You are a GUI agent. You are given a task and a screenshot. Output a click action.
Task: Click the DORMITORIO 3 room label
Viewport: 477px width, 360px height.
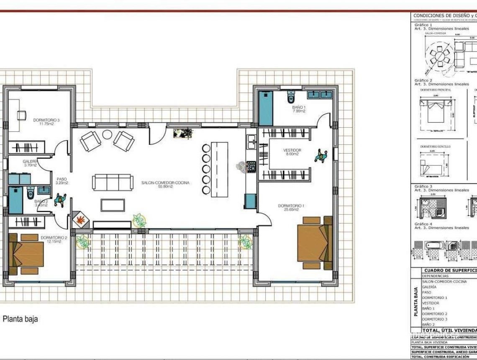click(46, 122)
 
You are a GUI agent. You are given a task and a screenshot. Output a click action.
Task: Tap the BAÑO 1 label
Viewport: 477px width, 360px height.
click(299, 109)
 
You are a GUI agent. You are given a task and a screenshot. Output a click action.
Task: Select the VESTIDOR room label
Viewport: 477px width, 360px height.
click(292, 152)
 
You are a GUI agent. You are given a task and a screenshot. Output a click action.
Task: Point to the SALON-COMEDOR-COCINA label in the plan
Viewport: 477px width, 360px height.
click(165, 185)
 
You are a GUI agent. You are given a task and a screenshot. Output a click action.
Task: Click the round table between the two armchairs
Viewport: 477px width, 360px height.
click(108, 135)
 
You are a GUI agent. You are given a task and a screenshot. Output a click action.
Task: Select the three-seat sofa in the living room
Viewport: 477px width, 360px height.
click(110, 183)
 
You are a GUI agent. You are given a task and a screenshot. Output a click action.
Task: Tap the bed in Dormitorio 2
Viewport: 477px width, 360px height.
click(26, 254)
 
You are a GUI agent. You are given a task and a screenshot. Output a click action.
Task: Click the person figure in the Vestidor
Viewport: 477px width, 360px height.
click(321, 156)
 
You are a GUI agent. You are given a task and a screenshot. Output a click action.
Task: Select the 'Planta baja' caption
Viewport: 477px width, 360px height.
click(20, 319)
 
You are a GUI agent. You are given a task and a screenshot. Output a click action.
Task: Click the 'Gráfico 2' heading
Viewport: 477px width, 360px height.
click(423, 80)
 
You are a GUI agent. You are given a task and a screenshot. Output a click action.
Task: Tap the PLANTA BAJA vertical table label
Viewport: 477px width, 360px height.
click(416, 301)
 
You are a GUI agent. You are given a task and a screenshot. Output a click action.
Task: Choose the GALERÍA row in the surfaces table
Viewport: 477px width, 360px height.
click(429, 287)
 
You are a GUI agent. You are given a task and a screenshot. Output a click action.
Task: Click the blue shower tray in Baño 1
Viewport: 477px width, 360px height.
click(266, 108)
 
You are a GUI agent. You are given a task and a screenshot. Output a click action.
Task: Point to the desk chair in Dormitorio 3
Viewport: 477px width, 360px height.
click(21, 114)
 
